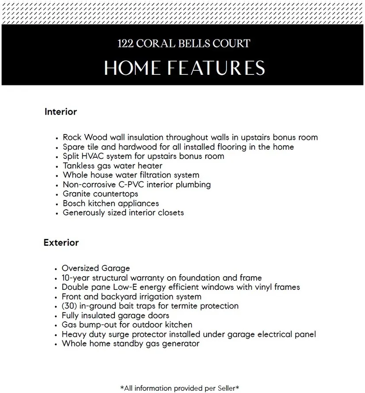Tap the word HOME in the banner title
[132, 68]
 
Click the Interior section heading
[61, 112]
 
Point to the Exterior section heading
[61, 243]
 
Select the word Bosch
[74, 204]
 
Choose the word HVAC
[93, 156]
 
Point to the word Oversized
[80, 269]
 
